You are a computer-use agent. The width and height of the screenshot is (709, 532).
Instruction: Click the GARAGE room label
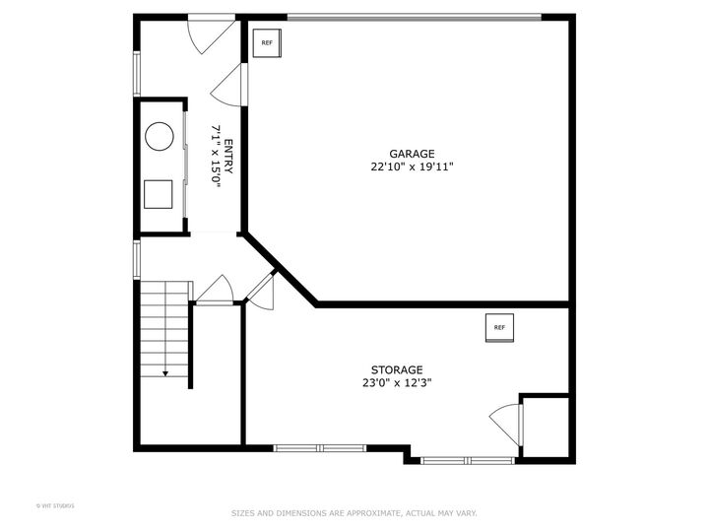412,154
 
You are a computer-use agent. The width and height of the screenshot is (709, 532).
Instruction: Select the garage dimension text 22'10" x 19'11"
412,166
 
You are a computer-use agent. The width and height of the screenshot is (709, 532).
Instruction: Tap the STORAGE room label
397,369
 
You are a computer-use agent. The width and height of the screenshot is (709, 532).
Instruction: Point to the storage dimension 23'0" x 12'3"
397,382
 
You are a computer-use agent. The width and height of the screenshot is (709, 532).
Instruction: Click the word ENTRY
228,159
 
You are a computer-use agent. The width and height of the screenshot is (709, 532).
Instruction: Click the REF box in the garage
267,43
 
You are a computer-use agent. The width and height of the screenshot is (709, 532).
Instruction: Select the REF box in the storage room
499,328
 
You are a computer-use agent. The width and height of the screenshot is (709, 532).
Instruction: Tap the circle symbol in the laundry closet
160,136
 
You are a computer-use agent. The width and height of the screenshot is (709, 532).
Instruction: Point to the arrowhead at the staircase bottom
165,373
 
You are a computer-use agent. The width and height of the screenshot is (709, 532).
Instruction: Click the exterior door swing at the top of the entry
207,34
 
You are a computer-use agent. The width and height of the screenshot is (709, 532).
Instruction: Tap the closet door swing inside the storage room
505,422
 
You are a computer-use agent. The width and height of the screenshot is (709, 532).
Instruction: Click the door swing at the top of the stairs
215,290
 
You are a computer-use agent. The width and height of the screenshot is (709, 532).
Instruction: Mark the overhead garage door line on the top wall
414,16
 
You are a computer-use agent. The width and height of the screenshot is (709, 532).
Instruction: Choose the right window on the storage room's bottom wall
467,460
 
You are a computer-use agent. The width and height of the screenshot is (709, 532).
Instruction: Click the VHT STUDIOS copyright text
55,505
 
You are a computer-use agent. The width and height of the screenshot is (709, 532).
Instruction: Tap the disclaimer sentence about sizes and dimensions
354,512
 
